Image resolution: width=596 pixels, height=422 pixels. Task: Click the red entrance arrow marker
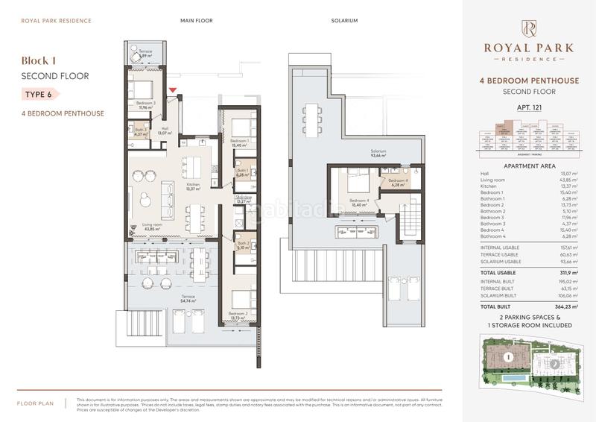point(174,90)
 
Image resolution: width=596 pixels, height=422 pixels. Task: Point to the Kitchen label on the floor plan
point(193,186)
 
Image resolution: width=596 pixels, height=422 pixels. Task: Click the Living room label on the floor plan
point(152,225)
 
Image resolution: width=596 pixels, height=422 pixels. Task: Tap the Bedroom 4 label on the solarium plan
point(360,202)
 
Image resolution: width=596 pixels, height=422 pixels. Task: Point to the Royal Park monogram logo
point(528,29)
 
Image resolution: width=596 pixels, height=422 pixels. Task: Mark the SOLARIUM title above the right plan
point(345,20)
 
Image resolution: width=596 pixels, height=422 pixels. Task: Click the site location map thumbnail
point(528,365)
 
